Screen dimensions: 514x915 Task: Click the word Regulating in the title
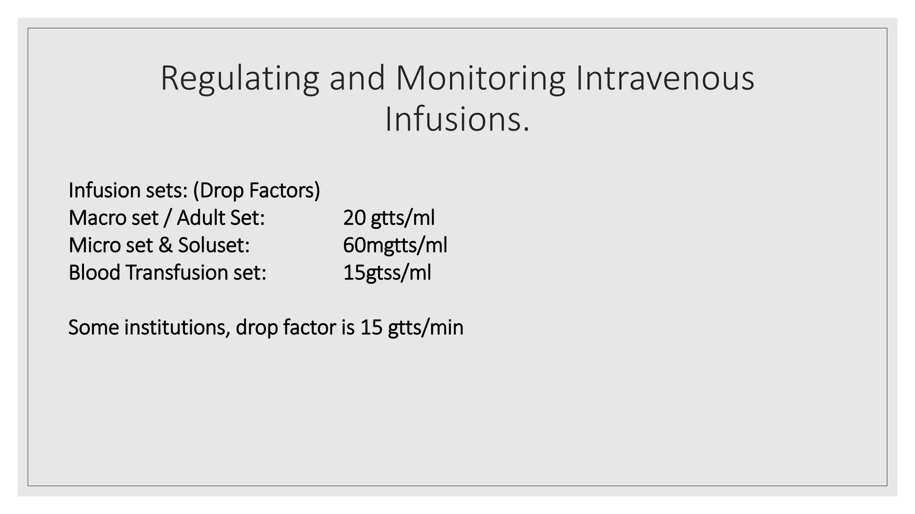tap(239, 79)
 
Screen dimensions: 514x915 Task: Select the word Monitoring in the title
tap(480, 79)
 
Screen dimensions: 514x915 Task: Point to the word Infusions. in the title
tap(457, 120)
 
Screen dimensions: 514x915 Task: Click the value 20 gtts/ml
tap(389, 218)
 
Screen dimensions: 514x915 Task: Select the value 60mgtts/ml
tap(395, 245)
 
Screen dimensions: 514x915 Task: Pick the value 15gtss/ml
tap(387, 273)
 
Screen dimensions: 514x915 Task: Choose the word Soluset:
tap(214, 245)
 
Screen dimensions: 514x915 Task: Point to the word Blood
tap(94, 273)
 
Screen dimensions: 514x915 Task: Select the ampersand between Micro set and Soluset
tap(165, 245)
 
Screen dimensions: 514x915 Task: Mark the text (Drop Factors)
tap(256, 191)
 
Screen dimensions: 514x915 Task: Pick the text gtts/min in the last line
tap(425, 327)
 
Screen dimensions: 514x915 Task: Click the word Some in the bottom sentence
tap(94, 327)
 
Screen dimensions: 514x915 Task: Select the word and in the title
tap(357, 79)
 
